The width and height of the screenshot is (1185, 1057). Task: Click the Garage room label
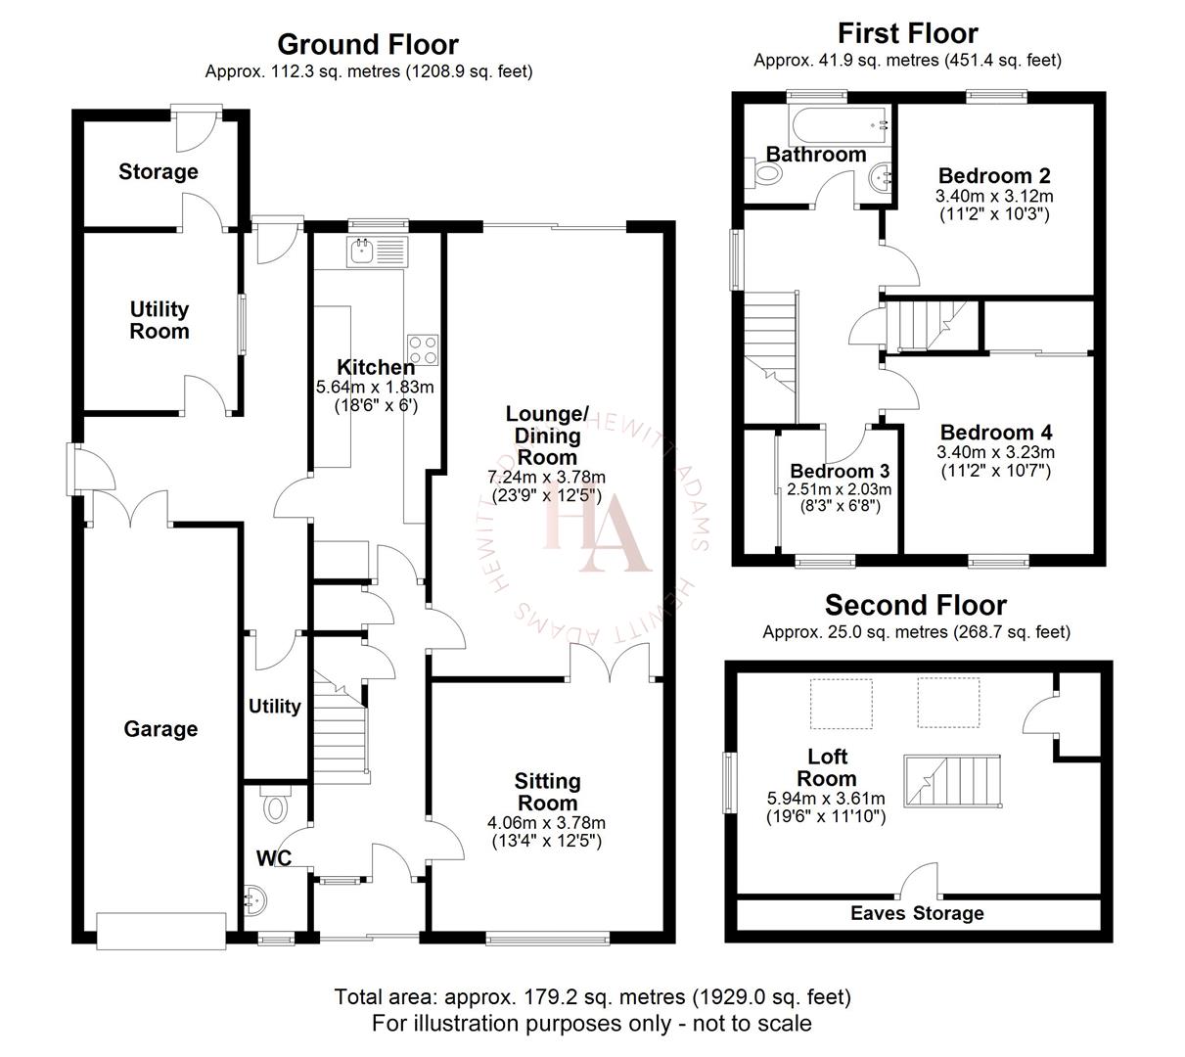(x=160, y=729)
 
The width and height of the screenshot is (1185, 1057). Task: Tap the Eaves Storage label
(x=917, y=913)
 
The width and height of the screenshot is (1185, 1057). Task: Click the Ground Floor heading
(x=368, y=45)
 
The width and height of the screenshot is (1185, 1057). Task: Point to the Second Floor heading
(x=915, y=605)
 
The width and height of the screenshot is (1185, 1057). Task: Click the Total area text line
(x=592, y=997)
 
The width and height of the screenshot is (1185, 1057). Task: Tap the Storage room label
(x=159, y=172)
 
